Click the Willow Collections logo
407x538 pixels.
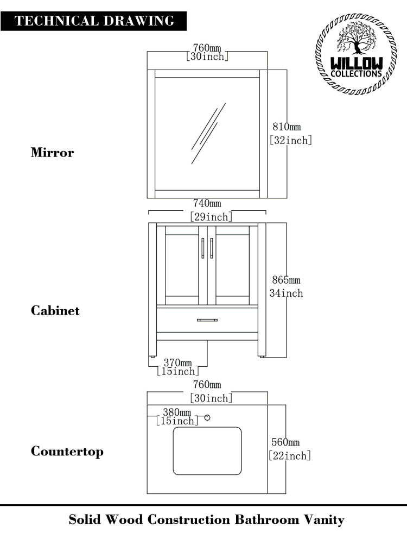point(356,55)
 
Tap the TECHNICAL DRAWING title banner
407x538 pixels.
point(94,21)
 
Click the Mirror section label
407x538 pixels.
point(52,153)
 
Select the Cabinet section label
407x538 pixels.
point(55,311)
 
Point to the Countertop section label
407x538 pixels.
point(67,452)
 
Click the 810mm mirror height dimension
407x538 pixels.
point(287,127)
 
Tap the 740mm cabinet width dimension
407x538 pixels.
point(207,204)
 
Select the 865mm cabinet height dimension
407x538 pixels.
point(286,280)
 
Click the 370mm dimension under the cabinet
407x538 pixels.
point(178,362)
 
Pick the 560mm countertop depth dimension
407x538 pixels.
point(285,442)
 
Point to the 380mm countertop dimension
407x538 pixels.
point(176,412)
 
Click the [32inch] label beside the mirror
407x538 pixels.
point(291,140)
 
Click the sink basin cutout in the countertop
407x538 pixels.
point(207,451)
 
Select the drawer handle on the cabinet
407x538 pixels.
point(207,320)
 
